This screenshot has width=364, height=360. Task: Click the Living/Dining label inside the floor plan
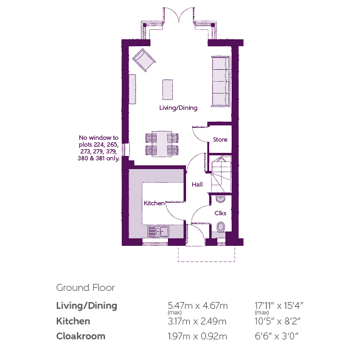179,108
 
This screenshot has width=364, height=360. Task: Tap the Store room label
220,140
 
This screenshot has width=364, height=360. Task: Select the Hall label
197,185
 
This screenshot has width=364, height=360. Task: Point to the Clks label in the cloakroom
220,213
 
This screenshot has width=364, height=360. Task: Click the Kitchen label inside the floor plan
154,203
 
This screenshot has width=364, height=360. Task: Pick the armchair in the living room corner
144,60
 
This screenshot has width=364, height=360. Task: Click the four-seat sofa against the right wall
220,81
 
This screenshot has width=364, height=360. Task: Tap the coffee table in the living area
167,90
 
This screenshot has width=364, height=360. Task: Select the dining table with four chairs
162,144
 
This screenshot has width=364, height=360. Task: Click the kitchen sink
158,231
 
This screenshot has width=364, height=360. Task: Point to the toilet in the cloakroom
221,227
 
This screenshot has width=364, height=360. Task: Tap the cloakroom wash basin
220,199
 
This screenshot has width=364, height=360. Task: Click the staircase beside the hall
221,174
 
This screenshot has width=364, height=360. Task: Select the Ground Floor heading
86,288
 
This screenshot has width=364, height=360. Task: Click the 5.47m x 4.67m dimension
197,306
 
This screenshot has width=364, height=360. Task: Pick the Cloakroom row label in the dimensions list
81,336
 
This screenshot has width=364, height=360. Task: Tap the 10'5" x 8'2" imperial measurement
278,321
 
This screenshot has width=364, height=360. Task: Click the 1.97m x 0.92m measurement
197,336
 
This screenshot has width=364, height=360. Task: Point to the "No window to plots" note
99,148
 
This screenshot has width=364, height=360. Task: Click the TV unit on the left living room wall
132,89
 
